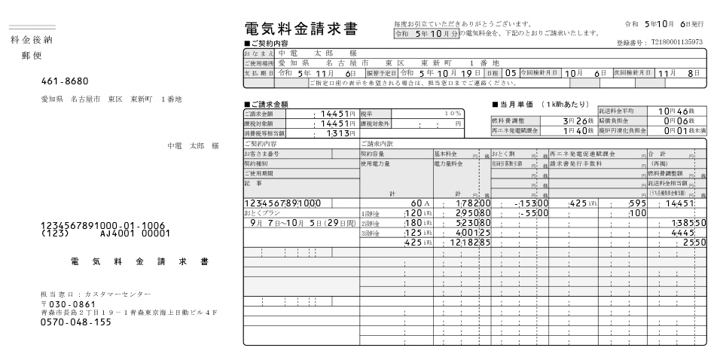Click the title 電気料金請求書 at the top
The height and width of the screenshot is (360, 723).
[301, 29]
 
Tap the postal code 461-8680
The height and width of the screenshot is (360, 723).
[65, 81]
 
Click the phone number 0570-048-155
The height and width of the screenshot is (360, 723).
[75, 322]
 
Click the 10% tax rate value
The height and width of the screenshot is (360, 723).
[452, 113]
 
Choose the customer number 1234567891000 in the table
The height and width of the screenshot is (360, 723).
[283, 203]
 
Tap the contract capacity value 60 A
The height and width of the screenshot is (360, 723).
[419, 203]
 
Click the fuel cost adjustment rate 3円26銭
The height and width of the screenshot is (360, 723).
[578, 121]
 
